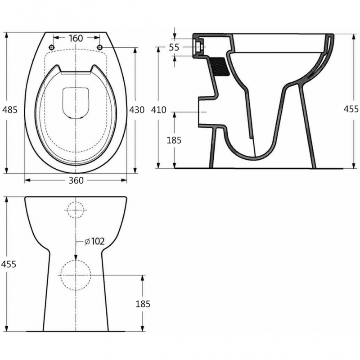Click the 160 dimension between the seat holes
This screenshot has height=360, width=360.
[76, 38]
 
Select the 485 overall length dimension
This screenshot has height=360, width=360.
[9, 110]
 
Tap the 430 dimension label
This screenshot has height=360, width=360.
[137, 110]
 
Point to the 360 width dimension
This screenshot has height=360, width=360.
[76, 180]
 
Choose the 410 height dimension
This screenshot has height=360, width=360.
[159, 110]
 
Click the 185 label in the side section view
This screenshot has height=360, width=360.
[174, 140]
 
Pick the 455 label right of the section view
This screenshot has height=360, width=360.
[351, 109]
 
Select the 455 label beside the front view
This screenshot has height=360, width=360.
[9, 264]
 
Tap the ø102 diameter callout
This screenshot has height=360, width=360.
[94, 242]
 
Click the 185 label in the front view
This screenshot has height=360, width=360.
[143, 304]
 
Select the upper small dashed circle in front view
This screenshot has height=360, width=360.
[76, 209]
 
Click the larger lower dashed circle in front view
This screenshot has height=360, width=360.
[76, 274]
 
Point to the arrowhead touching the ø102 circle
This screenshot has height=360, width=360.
[76, 257]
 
